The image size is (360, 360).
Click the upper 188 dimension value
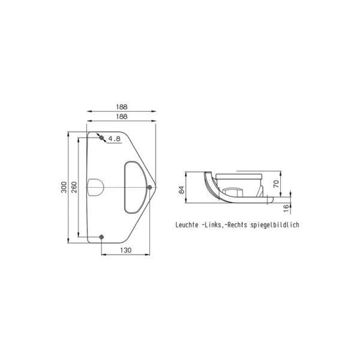point(122,107)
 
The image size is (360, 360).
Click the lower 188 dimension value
point(122,116)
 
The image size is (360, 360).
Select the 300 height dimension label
point(64,187)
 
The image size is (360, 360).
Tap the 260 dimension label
point(74,187)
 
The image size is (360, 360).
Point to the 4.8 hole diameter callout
point(115,139)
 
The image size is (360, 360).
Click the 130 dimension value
point(126,250)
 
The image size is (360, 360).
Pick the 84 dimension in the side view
point(182,190)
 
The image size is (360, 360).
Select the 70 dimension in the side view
point(277,184)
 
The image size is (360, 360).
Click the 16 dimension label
point(286,208)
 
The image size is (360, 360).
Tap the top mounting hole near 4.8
point(101,138)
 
